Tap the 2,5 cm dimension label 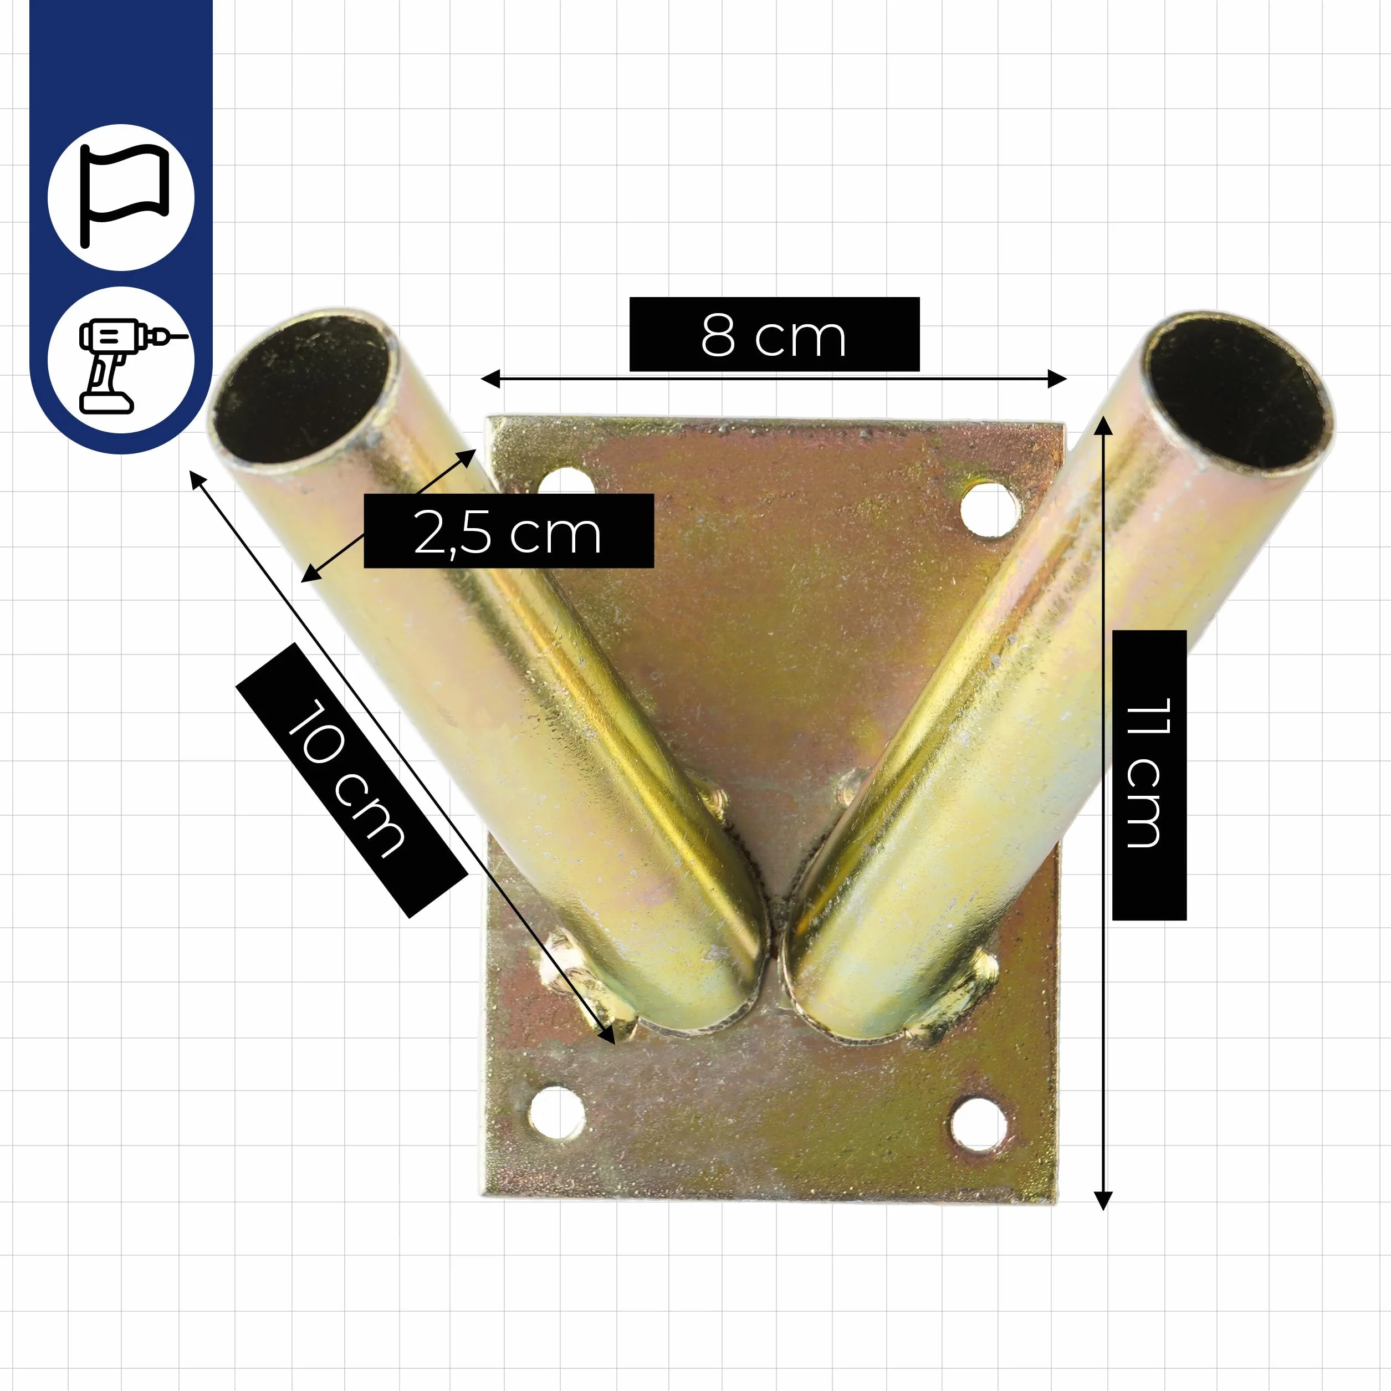[508, 532]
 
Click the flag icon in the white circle [124, 195]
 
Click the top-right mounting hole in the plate [990, 511]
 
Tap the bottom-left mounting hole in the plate [556, 1112]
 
